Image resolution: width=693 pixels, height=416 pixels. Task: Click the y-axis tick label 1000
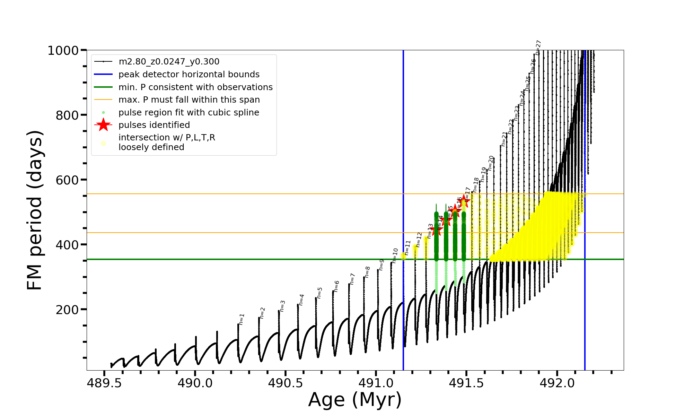coord(63,51)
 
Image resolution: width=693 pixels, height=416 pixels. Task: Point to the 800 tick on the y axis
coord(67,115)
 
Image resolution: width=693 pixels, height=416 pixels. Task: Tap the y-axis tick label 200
coord(67,310)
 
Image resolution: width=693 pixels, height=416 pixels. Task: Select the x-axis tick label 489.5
coord(104,383)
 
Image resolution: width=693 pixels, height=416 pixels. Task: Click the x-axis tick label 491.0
coord(376,383)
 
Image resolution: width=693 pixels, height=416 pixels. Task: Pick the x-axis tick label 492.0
coord(557,383)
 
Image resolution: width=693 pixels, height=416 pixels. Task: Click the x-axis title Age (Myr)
coord(355,400)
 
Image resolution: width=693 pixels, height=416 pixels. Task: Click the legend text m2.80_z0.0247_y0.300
coord(169,62)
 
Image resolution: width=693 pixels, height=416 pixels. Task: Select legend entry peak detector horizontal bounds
coord(189,75)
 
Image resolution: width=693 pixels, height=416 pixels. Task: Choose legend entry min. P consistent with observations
coord(195,87)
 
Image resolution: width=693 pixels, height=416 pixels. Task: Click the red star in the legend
coord(103,125)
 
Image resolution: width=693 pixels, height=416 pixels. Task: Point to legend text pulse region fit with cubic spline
coord(188,112)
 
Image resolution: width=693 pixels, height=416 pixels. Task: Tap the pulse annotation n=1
coord(242,319)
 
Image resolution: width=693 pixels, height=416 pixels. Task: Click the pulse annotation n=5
coord(319,293)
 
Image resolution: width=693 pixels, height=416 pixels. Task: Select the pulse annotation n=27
coord(538,47)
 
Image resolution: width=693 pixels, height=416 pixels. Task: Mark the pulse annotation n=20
coord(491,163)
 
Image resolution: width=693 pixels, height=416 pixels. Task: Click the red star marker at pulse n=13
coord(436,229)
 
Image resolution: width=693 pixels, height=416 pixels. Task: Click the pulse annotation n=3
coord(283,306)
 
